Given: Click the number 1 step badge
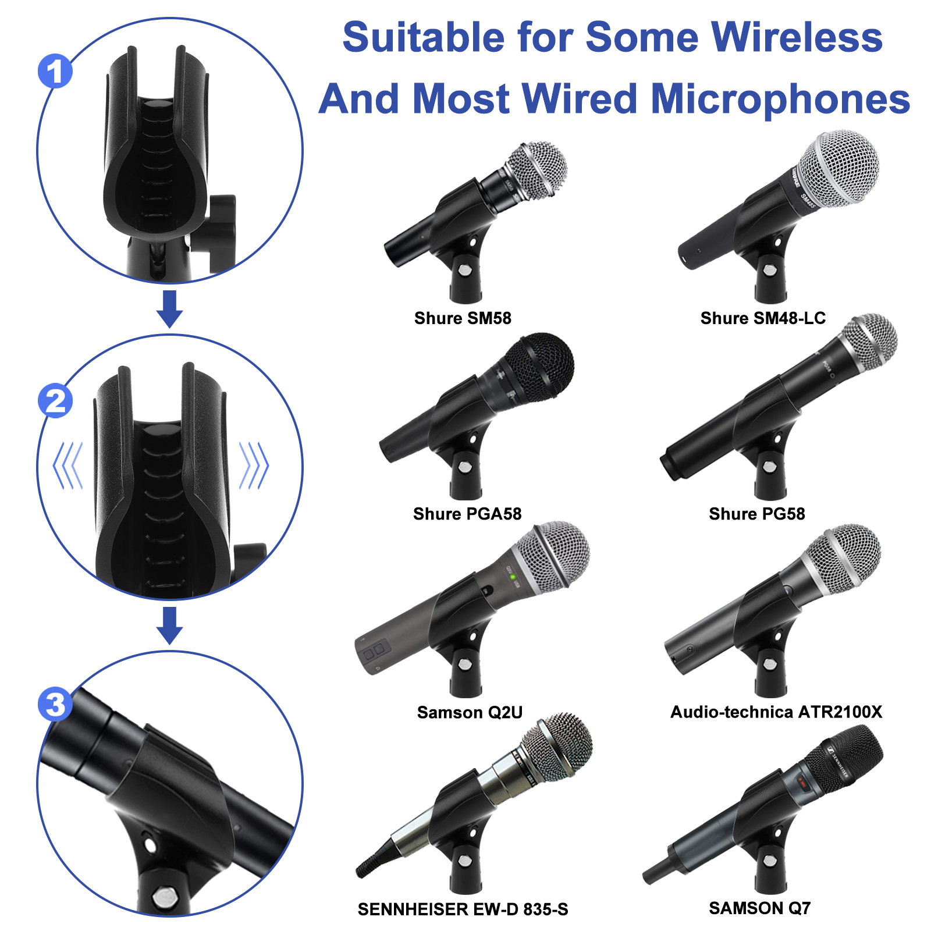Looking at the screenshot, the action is [55, 72].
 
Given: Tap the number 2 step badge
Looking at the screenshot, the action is [55, 401].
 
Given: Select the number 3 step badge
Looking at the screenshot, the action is [55, 704].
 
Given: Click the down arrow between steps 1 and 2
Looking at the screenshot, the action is [169, 309].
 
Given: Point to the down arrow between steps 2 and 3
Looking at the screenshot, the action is [169, 626].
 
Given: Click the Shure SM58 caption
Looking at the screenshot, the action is [463, 318].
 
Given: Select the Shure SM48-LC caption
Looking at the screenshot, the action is [763, 318].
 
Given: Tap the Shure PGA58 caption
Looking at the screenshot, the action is [467, 514].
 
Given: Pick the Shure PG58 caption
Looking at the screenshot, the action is [757, 514].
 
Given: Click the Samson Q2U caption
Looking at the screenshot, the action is [470, 712].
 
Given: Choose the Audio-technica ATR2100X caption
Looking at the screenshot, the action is [776, 712].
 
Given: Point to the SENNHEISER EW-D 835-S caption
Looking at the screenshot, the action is [463, 909].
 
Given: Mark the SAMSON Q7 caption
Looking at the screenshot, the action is [759, 908].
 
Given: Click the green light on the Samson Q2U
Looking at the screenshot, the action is [513, 577].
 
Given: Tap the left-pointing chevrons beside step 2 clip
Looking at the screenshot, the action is [68, 465].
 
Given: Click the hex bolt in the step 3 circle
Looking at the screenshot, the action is [166, 897].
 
